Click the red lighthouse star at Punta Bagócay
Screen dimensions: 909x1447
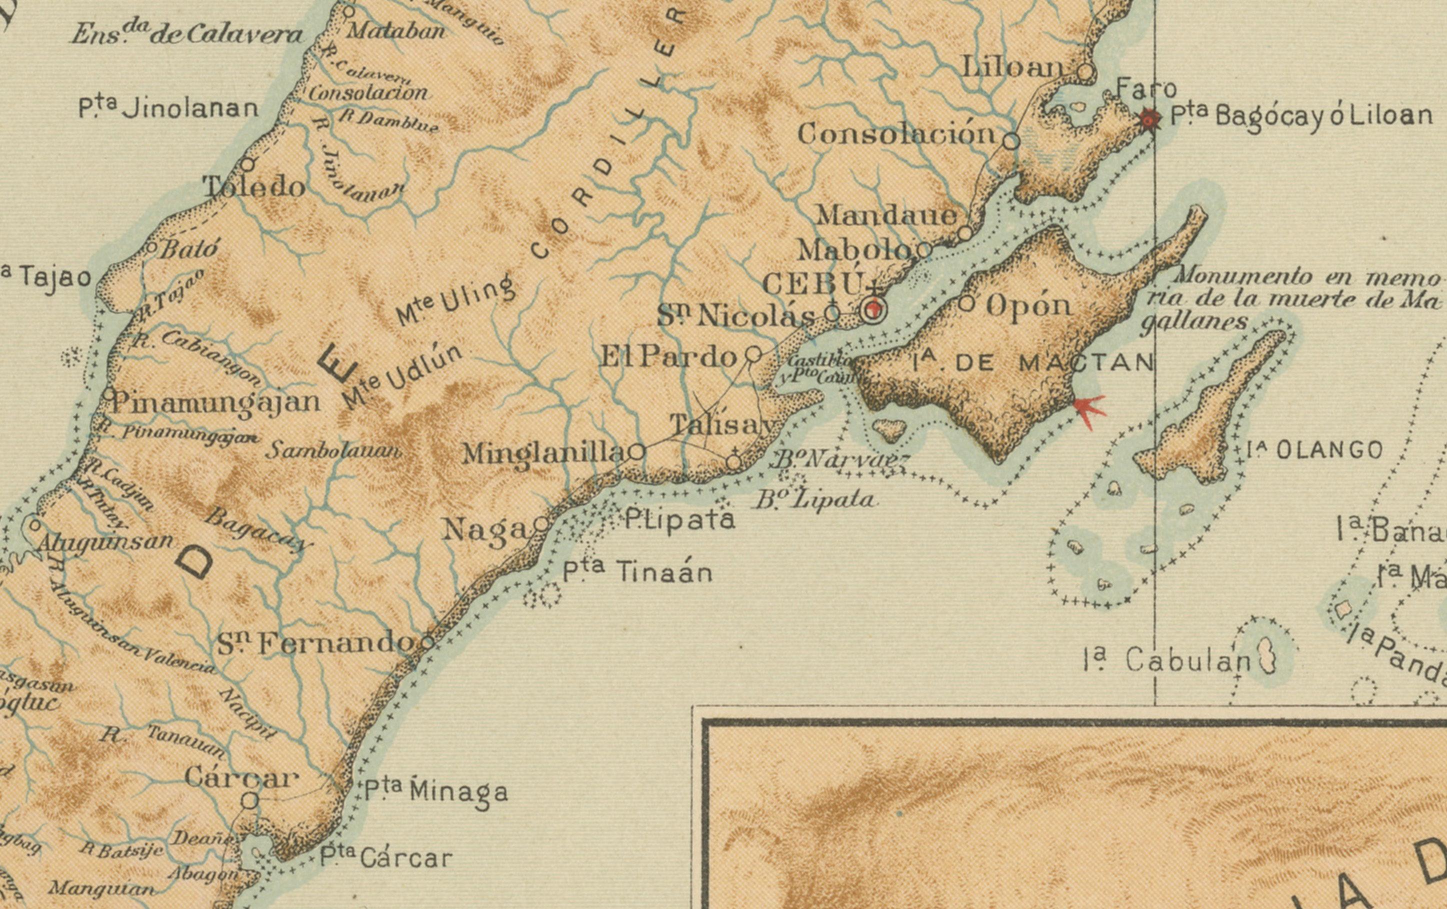click(x=1150, y=119)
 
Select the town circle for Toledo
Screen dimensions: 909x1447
click(x=247, y=164)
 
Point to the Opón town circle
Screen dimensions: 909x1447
click(x=965, y=303)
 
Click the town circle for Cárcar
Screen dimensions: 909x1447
click(x=250, y=800)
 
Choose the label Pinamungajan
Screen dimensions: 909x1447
click(x=215, y=401)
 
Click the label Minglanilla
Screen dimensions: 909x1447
click(x=544, y=453)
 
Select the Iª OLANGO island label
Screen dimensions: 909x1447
click(x=1314, y=450)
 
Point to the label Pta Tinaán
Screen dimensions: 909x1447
click(x=637, y=571)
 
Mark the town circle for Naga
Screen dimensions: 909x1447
click(x=541, y=524)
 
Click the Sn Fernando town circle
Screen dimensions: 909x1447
click(x=427, y=641)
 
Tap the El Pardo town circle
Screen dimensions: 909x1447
click(x=753, y=354)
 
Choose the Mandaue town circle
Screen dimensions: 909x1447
click(x=964, y=233)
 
